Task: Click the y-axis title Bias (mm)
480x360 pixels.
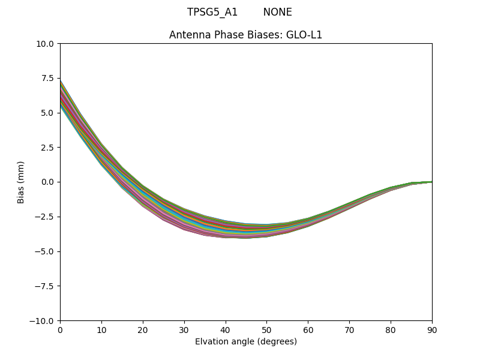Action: point(21,182)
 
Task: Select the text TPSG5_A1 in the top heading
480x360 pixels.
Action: point(212,13)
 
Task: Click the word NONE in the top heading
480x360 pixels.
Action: point(277,13)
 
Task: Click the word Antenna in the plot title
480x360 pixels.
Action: point(188,35)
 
